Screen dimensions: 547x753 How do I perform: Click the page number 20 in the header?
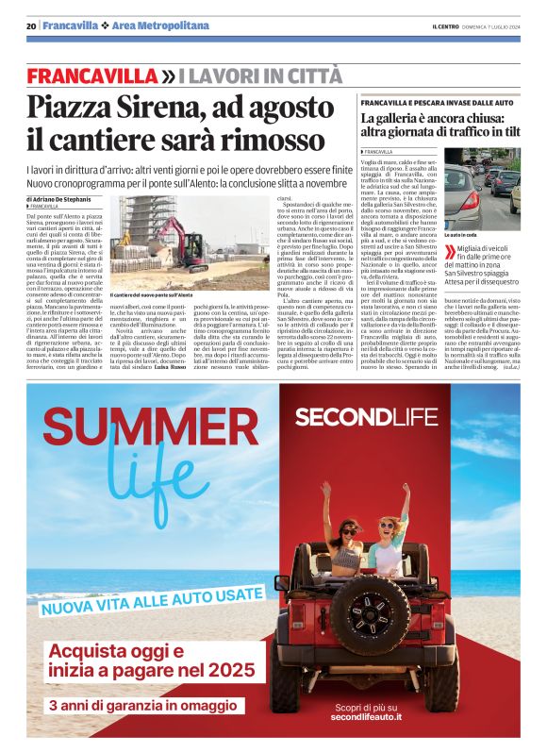tap(31, 25)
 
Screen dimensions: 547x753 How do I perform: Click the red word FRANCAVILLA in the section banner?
tap(91, 75)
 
